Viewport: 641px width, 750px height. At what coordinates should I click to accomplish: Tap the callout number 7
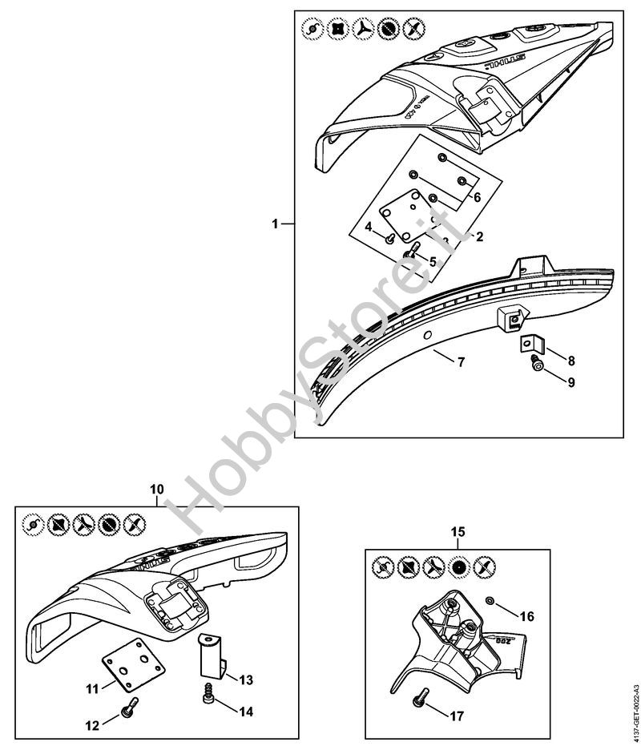(461, 362)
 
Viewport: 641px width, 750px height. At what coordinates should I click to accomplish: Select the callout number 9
(571, 383)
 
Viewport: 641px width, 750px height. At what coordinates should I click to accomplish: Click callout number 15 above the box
(458, 530)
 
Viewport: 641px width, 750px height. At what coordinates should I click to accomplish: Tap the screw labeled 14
(208, 699)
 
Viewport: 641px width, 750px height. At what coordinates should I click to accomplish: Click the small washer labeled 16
(489, 600)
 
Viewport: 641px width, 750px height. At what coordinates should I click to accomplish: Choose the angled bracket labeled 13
(209, 654)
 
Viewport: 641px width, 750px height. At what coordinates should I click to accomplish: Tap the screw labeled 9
(536, 365)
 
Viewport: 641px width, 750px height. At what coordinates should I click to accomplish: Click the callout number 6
(477, 196)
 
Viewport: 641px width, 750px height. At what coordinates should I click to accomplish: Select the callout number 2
(479, 236)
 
